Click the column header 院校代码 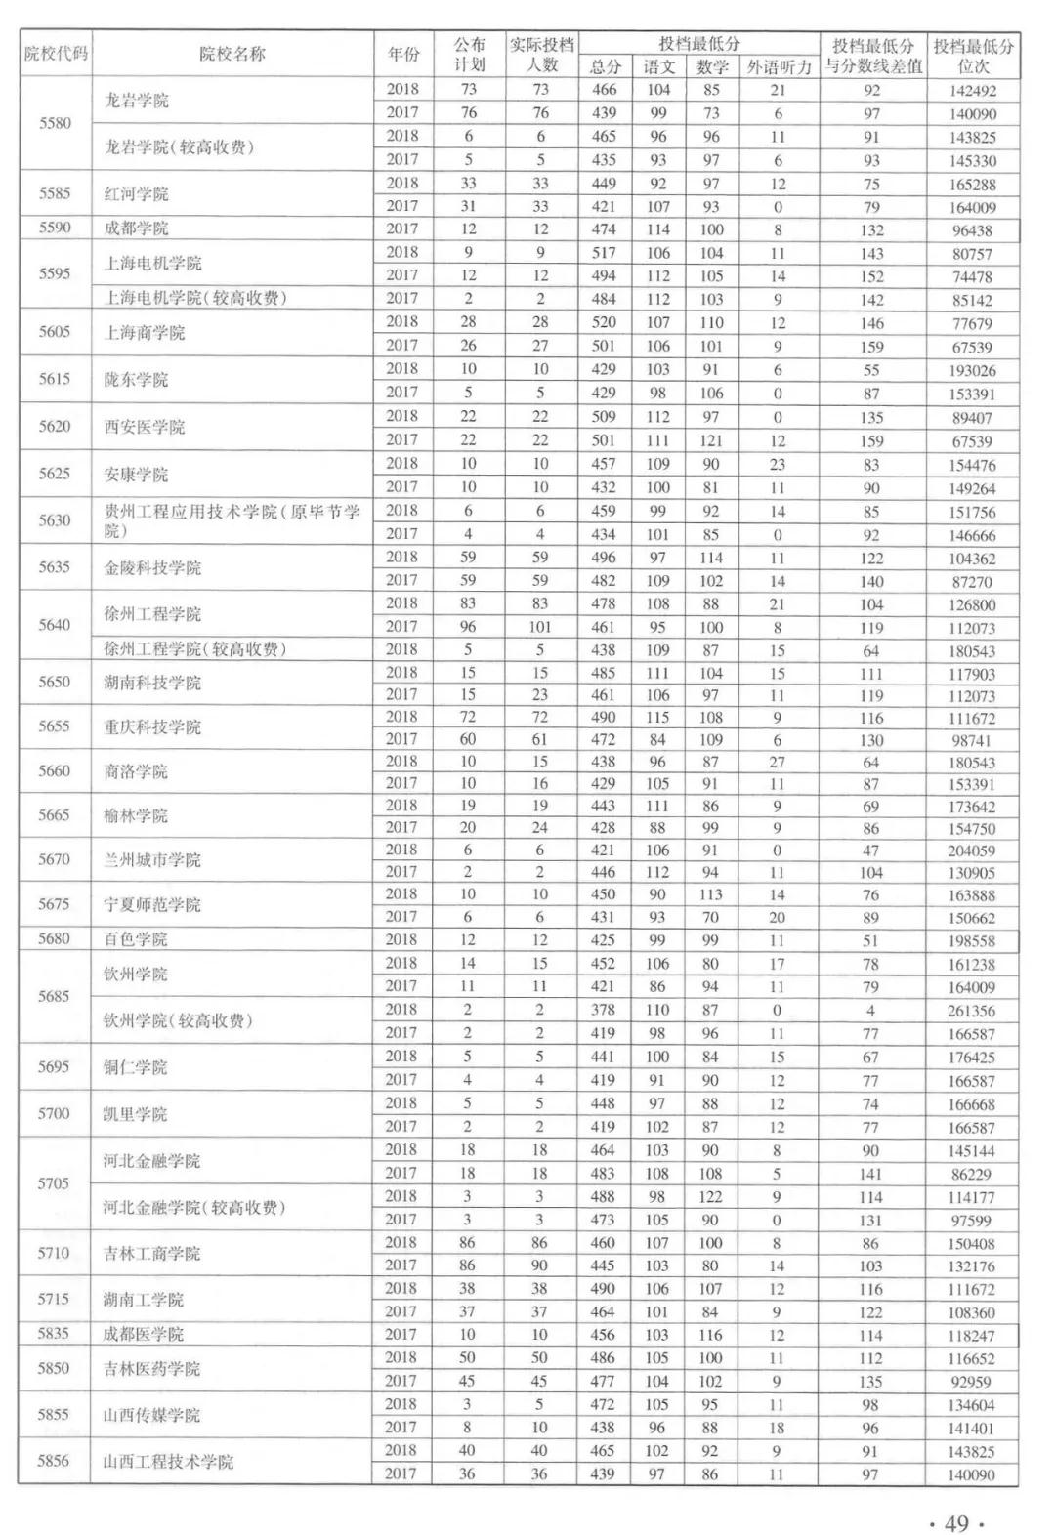[56, 54]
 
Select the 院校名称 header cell [232, 54]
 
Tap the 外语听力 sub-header [779, 67]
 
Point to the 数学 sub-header [712, 67]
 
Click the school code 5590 [55, 228]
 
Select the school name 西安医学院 [145, 427]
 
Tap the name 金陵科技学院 [152, 568]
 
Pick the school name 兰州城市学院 [152, 860]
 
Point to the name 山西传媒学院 [152, 1415]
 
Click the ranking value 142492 [972, 90]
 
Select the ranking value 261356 [971, 1011]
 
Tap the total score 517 [604, 253]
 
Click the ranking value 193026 [972, 370]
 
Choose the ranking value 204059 [971, 850]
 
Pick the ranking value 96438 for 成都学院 [972, 230]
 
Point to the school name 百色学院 [136, 939]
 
